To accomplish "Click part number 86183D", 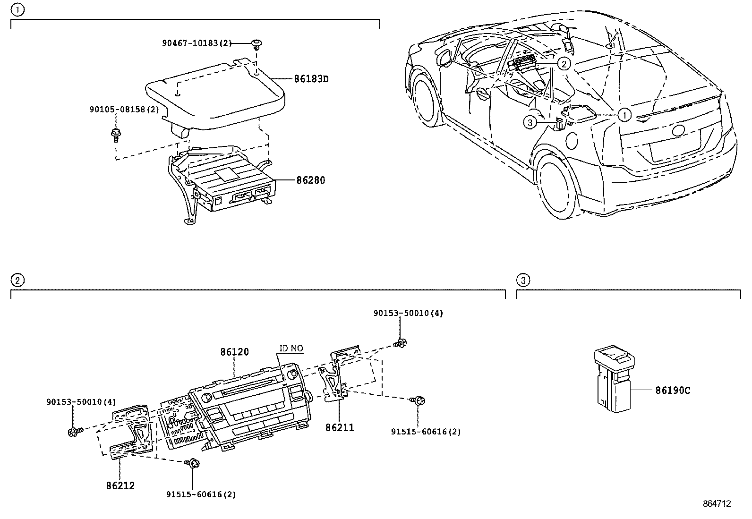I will coord(311,79).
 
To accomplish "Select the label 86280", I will coord(310,180).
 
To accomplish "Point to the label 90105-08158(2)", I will coord(124,110).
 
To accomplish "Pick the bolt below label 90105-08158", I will coord(115,134).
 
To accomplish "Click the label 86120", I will coord(234,352).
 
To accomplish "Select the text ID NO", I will coord(291,349).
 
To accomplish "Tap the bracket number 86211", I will coord(339,428).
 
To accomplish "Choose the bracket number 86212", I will coord(120,485).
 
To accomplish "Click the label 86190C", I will coord(673,391).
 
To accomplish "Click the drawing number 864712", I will coord(717,504).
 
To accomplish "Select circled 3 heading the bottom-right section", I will coord(522,281).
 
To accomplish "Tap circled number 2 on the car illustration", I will coord(563,63).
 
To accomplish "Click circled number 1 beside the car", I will coord(624,114).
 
